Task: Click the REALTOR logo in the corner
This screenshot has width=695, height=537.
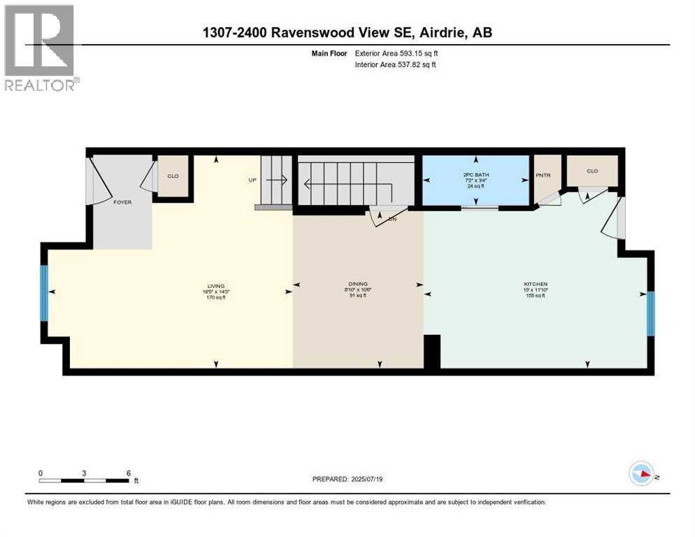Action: (40, 47)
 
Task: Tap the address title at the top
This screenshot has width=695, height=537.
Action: (347, 33)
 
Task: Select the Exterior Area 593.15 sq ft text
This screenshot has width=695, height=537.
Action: (396, 52)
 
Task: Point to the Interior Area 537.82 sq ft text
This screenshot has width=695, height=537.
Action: (396, 65)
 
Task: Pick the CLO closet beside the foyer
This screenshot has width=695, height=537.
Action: (173, 176)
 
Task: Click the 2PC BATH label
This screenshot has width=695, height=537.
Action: (476, 175)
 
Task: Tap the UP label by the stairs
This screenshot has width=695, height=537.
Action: (252, 180)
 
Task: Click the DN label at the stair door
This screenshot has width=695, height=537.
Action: (392, 218)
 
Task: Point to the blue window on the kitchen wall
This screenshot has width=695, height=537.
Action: (650, 313)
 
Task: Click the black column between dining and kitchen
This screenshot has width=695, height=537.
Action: (432, 351)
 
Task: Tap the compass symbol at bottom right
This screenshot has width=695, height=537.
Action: (640, 473)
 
